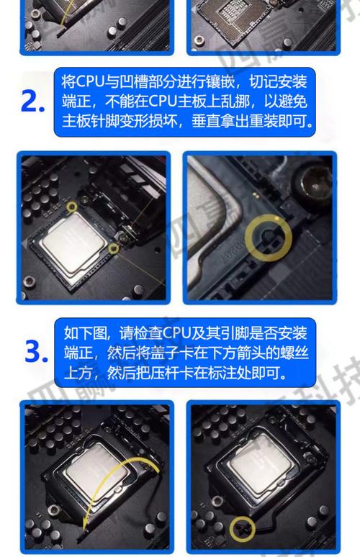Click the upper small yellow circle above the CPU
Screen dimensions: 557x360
[71, 207]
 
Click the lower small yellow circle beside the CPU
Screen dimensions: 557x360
[114, 249]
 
